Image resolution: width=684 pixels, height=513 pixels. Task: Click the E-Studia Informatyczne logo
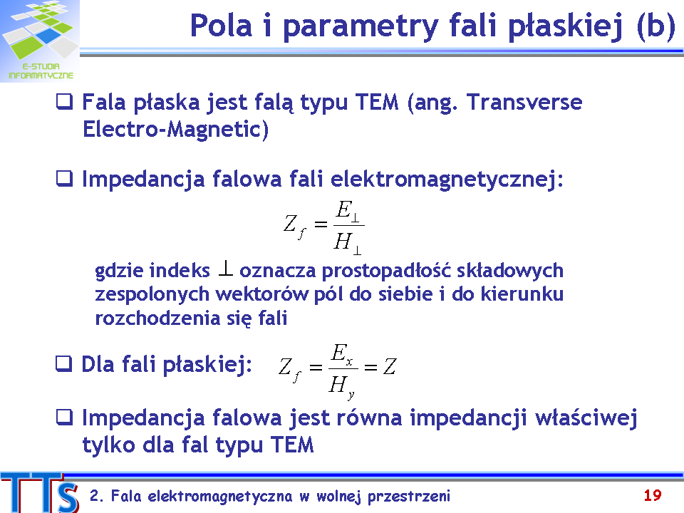[40, 41]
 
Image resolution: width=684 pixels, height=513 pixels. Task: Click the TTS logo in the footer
[40, 493]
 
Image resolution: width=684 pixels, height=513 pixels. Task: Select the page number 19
[653, 495]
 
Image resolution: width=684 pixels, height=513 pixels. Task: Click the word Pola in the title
[221, 26]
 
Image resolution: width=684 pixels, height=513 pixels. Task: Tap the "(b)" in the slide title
[655, 26]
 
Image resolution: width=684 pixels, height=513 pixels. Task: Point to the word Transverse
[524, 102]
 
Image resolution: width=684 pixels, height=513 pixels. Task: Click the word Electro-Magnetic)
[175, 129]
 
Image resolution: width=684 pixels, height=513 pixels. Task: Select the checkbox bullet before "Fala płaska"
[65, 102]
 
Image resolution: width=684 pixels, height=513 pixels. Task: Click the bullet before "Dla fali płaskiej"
[63, 363]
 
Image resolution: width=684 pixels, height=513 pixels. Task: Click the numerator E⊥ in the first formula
[348, 211]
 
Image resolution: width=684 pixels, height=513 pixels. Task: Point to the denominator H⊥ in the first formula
[348, 242]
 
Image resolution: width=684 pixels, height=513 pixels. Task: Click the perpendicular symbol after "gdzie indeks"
[225, 269]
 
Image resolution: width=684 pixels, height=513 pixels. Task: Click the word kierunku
[522, 294]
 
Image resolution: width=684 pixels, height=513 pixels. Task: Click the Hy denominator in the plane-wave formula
[342, 387]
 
